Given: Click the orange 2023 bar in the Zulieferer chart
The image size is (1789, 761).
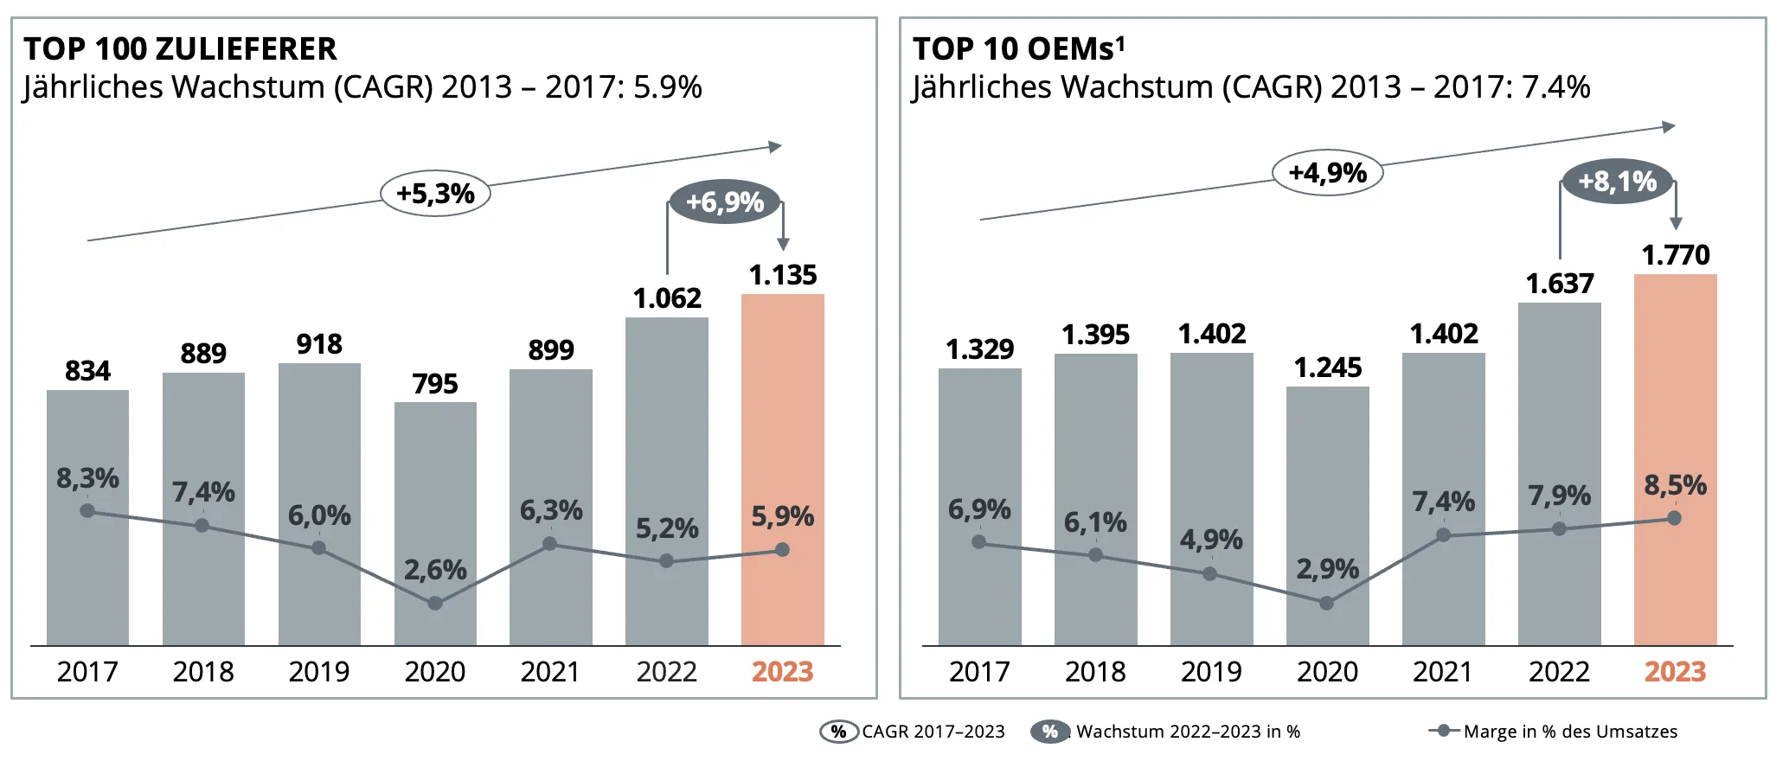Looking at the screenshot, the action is pos(783,470).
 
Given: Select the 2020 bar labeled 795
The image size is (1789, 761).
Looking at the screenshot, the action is pos(435,524).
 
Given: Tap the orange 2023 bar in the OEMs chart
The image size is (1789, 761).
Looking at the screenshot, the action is pos(1676,460).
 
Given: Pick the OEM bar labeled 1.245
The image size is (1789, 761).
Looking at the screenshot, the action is pos(1328,516).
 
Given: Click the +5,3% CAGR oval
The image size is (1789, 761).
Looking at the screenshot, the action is pos(435,193).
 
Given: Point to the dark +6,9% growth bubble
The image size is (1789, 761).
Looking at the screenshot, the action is pos(725,202).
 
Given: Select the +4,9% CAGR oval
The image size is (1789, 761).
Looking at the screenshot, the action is pos(1328,172).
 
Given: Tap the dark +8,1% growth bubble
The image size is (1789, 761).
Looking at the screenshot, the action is pos(1618,182).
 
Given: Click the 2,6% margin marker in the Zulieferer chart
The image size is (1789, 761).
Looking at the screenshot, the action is pos(435,603).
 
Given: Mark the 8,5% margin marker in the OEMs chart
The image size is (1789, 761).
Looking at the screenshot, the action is pos(1675,518).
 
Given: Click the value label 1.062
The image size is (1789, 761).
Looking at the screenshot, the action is pos(667,298).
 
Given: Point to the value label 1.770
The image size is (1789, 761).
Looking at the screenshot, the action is pos(1676,255).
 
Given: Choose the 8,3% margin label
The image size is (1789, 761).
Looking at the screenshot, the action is pos(87,478).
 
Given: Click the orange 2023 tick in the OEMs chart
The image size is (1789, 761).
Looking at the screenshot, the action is pos(1675,672).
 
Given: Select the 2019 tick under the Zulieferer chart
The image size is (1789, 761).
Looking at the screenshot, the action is pos(319,672).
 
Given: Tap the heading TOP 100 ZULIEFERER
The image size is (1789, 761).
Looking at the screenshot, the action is pos(180,49).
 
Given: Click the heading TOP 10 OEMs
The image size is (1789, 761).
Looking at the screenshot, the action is pos(1019,49).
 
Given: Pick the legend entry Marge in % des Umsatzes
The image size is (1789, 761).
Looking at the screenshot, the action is pos(1570,732).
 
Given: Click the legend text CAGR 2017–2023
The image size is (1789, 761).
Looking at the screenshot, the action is pos(933,732).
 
